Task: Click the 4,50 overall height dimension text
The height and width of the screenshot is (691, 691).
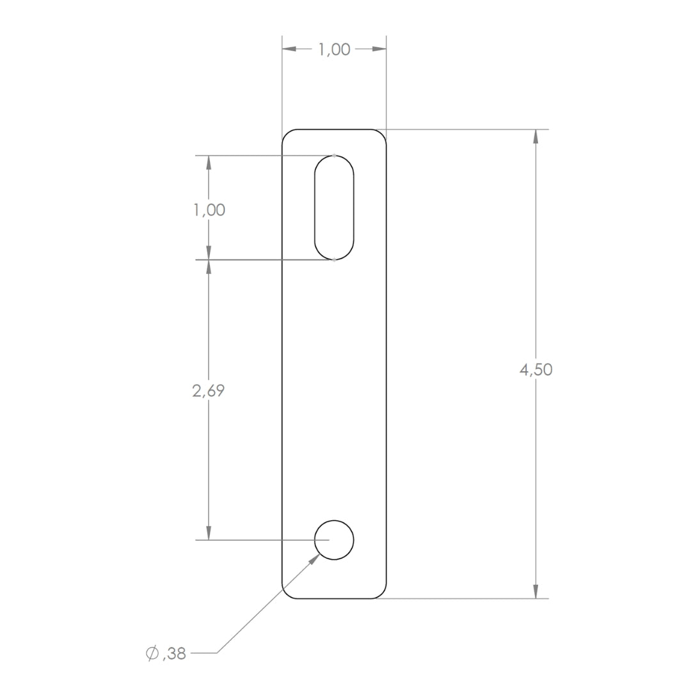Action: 536,369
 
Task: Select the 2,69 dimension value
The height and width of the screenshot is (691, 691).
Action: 209,390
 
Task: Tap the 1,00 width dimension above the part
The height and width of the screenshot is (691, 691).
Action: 335,49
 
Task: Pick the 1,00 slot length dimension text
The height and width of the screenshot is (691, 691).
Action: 209,210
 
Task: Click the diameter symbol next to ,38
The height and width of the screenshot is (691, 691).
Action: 152,653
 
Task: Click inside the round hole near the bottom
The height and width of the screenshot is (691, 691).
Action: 334,540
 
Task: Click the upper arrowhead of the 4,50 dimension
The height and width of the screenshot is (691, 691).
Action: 536,136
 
